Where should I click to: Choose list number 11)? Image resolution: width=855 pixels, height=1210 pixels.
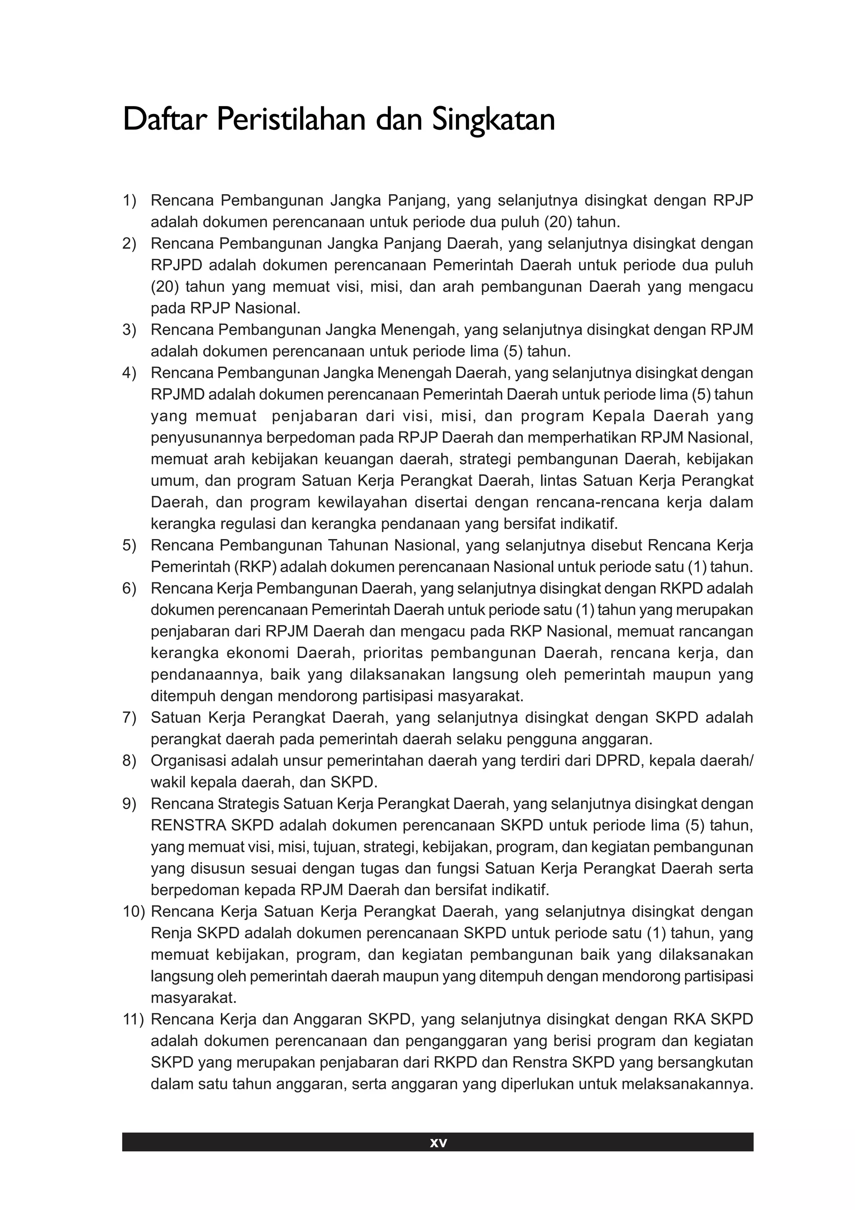[x=133, y=1019]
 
